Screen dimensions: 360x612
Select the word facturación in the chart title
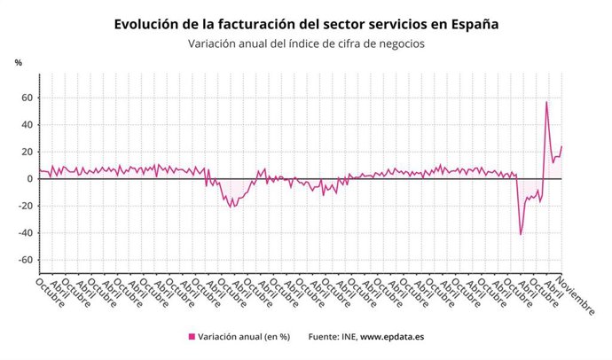click(255, 24)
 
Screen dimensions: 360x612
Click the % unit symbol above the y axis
click(18, 62)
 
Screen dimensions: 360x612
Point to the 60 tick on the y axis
click(27, 98)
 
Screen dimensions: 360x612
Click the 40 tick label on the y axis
click(27, 125)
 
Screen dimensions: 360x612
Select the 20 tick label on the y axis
click(27, 152)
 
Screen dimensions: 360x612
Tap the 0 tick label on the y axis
click(30, 179)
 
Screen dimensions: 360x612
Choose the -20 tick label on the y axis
click(26, 206)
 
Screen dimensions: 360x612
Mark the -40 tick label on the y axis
click(26, 233)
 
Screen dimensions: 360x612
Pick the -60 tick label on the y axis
click(26, 260)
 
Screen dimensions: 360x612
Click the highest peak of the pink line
click(546, 102)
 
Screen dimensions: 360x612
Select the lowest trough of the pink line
click(521, 234)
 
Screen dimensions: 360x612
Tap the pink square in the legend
click(191, 337)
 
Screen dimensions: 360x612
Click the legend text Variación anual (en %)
click(243, 337)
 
